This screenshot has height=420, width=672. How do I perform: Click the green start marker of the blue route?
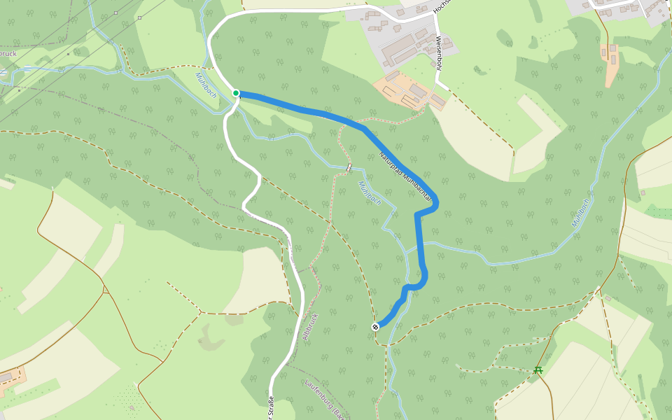[236, 93]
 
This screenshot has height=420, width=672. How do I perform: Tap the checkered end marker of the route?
[376, 326]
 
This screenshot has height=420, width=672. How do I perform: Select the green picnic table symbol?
[538, 370]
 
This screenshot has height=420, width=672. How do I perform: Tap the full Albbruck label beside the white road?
[310, 326]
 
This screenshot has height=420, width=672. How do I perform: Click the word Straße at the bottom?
[270, 409]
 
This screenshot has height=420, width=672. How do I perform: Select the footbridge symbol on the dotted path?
[349, 167]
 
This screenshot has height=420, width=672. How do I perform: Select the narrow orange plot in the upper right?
[611, 64]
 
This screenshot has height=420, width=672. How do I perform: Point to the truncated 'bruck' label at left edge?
[8, 53]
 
